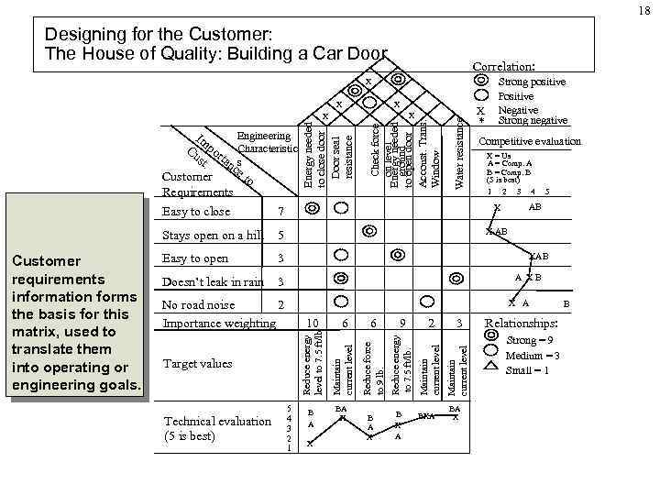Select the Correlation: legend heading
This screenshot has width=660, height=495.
click(503, 67)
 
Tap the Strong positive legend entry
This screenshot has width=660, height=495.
click(532, 82)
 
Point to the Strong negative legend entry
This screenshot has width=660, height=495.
click(533, 120)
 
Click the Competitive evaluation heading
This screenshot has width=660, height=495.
click(530, 141)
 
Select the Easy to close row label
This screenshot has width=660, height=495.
click(196, 212)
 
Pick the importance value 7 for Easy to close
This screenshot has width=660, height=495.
click(280, 213)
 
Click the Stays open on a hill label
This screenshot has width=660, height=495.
click(210, 236)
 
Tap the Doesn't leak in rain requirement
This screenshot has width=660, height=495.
click(213, 280)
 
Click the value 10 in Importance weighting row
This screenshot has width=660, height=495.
click(313, 322)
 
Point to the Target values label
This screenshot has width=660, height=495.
click(197, 364)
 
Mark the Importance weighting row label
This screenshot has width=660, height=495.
click(219, 322)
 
